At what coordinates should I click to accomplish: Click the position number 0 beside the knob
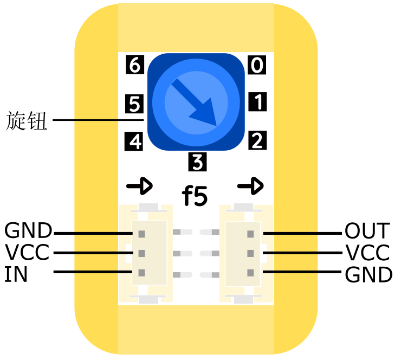[x=257, y=66]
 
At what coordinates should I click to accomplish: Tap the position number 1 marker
[x=257, y=102]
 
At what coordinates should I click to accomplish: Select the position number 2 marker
[x=257, y=141]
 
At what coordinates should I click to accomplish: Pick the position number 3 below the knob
[x=197, y=162]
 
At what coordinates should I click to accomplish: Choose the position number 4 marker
[x=134, y=142]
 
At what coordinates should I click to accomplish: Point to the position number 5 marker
[x=134, y=103]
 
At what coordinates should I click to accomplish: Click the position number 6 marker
[x=134, y=65]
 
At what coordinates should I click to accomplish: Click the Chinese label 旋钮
[x=27, y=121]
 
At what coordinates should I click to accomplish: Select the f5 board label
[x=195, y=196]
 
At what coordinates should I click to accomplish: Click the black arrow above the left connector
[x=139, y=187]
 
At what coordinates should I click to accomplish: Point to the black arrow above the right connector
[x=250, y=187]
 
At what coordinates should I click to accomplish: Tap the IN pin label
[x=16, y=275]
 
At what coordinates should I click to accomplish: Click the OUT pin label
[x=366, y=232]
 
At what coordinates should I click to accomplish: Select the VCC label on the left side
[x=27, y=253]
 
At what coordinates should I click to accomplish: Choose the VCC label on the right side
[x=367, y=253]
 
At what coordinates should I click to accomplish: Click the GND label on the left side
[x=28, y=231]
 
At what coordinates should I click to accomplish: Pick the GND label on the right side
[x=368, y=275]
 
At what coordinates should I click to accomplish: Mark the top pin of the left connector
[x=141, y=234]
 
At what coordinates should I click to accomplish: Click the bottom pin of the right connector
[x=250, y=273]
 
